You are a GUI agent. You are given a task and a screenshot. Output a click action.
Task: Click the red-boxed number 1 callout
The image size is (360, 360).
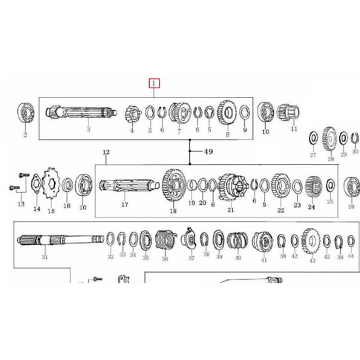[154, 83]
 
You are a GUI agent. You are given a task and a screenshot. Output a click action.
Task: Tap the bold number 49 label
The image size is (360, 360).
[209, 151]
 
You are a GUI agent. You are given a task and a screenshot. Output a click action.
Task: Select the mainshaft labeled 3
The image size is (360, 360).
[82, 112]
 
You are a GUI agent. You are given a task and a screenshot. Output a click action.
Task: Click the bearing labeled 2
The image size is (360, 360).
[26, 113]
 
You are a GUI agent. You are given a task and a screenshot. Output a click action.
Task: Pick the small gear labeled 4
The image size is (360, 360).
[133, 114]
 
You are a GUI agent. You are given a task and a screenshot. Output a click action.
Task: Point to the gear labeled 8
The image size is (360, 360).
[227, 113]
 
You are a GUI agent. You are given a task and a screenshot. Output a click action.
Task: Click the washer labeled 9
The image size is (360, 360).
[245, 112]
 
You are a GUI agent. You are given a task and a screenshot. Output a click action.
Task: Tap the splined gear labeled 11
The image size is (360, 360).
[287, 112]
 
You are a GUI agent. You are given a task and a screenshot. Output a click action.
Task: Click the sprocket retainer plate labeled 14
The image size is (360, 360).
[36, 183]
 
